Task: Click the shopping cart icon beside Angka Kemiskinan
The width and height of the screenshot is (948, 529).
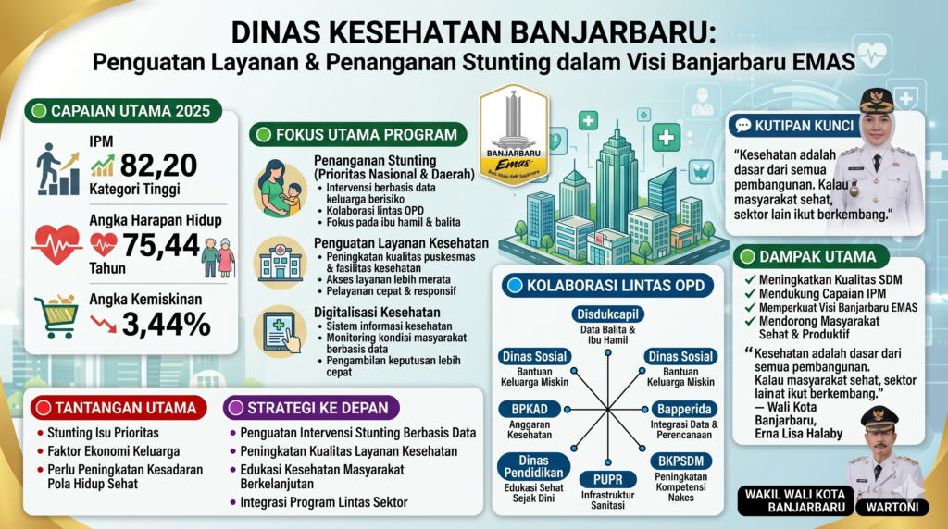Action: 56,316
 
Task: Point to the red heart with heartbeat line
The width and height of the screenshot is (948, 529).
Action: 56,243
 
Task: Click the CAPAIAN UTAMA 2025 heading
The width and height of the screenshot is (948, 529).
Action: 123,112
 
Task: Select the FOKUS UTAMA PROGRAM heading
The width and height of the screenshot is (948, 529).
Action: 359,135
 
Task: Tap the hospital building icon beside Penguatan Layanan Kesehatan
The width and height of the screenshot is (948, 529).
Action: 280,262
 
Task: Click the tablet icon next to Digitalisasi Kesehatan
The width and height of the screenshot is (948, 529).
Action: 281,331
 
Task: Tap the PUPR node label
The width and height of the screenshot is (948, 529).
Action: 606,479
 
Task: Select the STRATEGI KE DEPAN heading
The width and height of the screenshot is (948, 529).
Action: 313,407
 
